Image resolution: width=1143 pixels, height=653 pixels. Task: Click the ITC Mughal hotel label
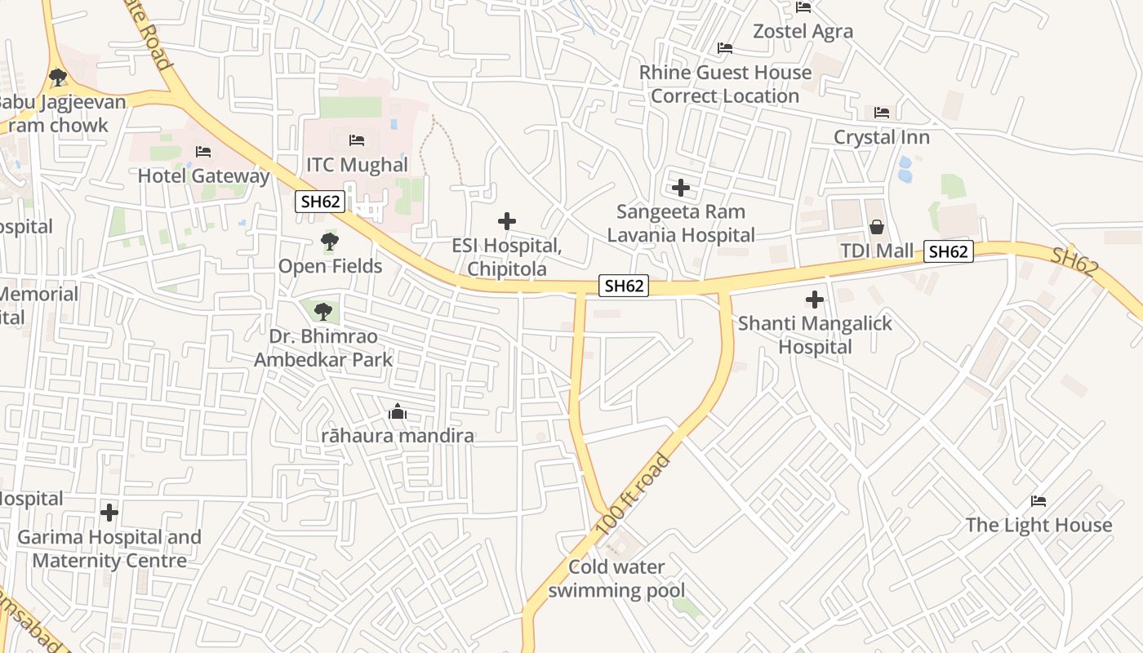pyautogui.click(x=357, y=165)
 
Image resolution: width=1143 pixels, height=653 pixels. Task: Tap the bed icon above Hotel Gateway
pyautogui.click(x=203, y=152)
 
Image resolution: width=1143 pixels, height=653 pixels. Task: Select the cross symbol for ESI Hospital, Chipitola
pyautogui.click(x=507, y=221)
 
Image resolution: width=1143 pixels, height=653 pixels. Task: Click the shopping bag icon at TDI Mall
pyautogui.click(x=877, y=226)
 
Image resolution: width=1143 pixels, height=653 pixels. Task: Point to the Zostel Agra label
pyautogui.click(x=803, y=31)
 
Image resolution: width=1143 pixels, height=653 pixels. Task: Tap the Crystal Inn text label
pyautogui.click(x=881, y=137)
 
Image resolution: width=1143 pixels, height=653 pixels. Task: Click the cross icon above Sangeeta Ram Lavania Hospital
pyautogui.click(x=681, y=189)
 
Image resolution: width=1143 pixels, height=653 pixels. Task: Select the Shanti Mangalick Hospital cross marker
pyautogui.click(x=815, y=300)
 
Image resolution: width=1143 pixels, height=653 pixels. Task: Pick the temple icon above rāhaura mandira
pyautogui.click(x=398, y=411)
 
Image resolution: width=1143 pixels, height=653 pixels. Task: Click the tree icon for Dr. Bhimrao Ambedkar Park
pyautogui.click(x=323, y=311)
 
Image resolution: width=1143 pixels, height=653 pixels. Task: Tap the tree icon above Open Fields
pyautogui.click(x=330, y=242)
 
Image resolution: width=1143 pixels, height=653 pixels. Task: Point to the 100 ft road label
pyautogui.click(x=633, y=496)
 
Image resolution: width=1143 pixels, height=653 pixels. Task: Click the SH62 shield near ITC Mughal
pyautogui.click(x=320, y=202)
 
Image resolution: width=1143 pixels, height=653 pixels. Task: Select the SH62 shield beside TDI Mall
pyautogui.click(x=948, y=251)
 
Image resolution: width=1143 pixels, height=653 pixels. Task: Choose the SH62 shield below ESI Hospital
pyautogui.click(x=624, y=286)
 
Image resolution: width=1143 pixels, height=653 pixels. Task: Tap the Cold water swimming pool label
pyautogui.click(x=616, y=579)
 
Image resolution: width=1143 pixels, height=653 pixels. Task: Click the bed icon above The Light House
pyautogui.click(x=1038, y=500)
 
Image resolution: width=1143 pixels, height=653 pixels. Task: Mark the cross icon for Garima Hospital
pyautogui.click(x=109, y=513)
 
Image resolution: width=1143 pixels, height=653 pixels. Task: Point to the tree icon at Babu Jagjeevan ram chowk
pyautogui.click(x=57, y=78)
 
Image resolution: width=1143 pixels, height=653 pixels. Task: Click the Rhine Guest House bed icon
pyautogui.click(x=724, y=48)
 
